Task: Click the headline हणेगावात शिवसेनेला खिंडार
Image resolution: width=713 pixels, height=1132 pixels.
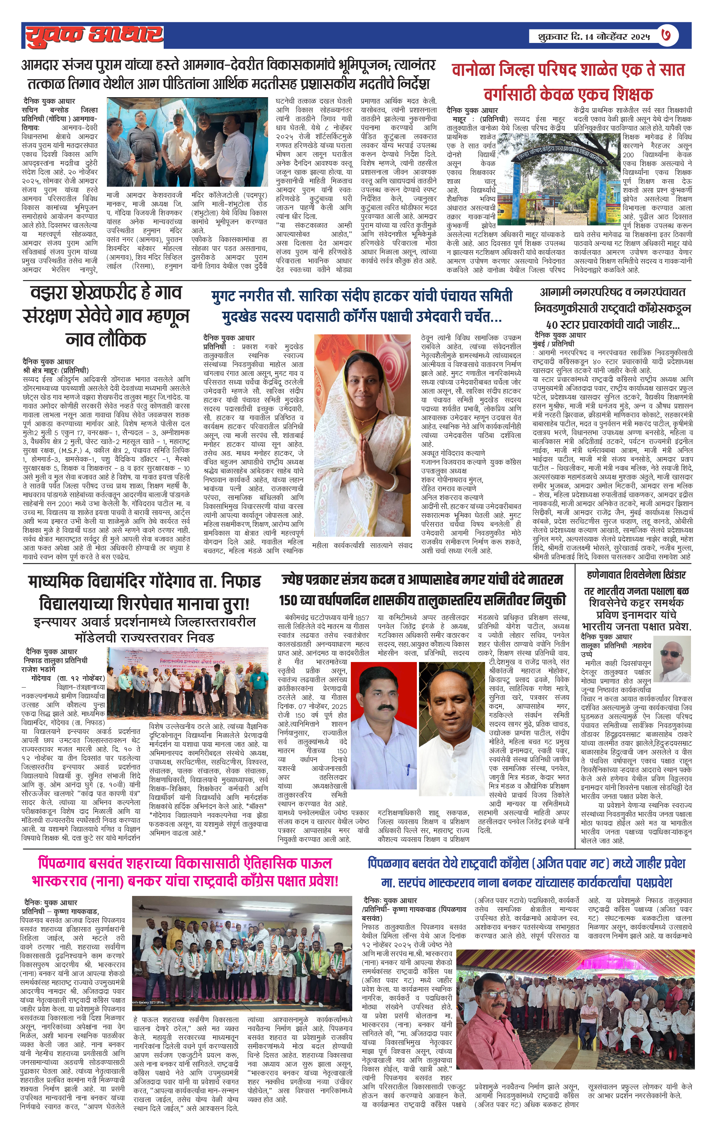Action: [636, 575]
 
